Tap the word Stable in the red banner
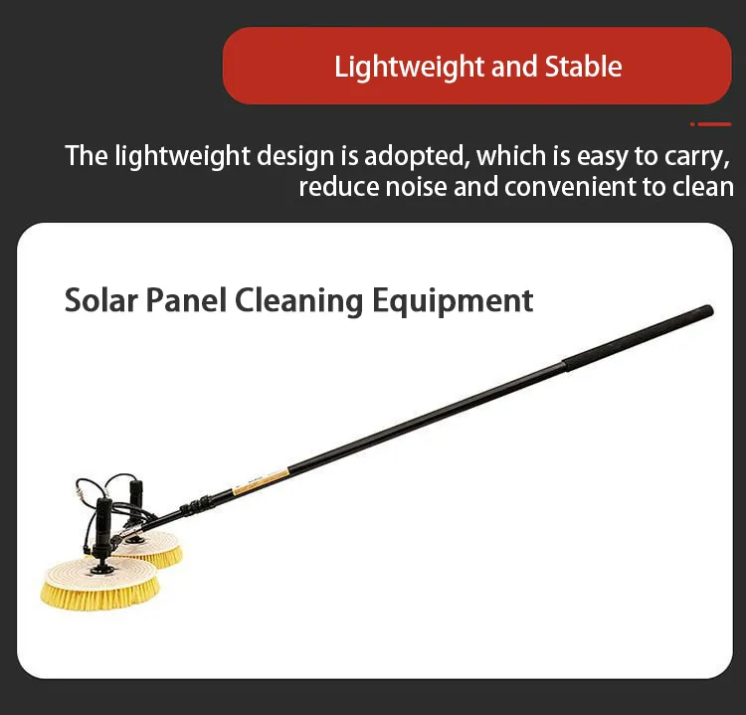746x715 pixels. [x=583, y=67]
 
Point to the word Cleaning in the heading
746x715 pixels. [x=299, y=300]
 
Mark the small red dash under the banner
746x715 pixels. [x=710, y=124]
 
